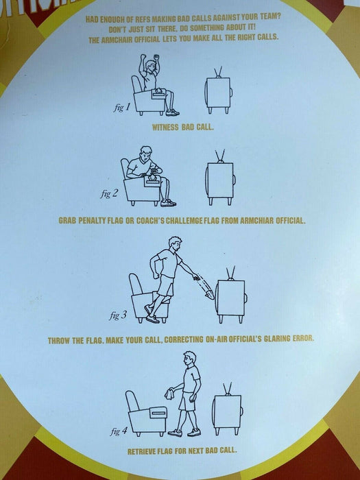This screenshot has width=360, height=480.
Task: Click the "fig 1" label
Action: point(122,108)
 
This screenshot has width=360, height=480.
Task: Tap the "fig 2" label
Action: point(109,193)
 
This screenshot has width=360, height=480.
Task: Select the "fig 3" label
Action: point(118,315)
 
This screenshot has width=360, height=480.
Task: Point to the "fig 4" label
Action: point(119,431)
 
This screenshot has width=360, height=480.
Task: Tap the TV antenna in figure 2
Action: point(220,156)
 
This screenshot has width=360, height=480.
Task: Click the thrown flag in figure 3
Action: point(211,294)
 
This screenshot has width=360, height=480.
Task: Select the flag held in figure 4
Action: point(169,394)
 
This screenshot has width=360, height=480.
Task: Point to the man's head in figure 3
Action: point(175,243)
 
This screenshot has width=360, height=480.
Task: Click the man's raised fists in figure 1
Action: point(149,57)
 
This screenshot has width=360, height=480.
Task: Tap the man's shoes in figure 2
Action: point(168,203)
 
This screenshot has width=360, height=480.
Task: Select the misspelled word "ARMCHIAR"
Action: point(256,221)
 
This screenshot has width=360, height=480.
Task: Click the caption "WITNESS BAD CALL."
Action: point(183,128)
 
